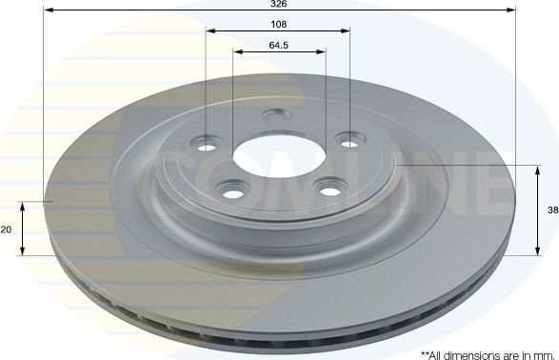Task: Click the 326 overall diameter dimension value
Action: click(279, 5)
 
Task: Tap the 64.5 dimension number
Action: click(279, 44)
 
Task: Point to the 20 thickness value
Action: click(7, 230)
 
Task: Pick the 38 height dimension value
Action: click(552, 211)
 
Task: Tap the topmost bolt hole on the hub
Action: click(278, 116)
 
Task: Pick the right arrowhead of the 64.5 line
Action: click(324, 50)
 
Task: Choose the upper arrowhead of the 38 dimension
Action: click(533, 169)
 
